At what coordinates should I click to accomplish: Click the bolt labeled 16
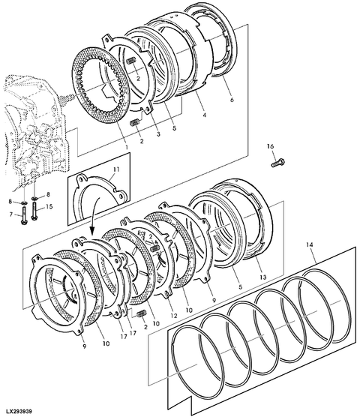(278, 163)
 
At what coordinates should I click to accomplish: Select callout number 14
(310, 245)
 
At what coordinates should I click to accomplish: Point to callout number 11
(116, 169)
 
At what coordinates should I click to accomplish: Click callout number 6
(232, 100)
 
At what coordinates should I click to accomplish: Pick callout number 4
(204, 115)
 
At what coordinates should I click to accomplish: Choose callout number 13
(263, 277)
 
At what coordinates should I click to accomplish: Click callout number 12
(174, 316)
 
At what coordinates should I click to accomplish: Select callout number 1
(127, 147)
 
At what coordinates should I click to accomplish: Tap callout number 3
(158, 134)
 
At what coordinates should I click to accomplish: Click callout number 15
(49, 207)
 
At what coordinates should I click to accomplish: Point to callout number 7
(11, 214)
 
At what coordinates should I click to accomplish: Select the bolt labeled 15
(34, 211)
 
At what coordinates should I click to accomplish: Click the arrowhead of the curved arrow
(91, 230)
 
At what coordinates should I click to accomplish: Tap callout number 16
(271, 146)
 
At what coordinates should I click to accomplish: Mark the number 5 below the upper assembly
(174, 128)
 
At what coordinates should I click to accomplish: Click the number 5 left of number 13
(241, 286)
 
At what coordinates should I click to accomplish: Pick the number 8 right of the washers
(48, 195)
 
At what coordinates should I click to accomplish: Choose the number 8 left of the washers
(10, 202)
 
